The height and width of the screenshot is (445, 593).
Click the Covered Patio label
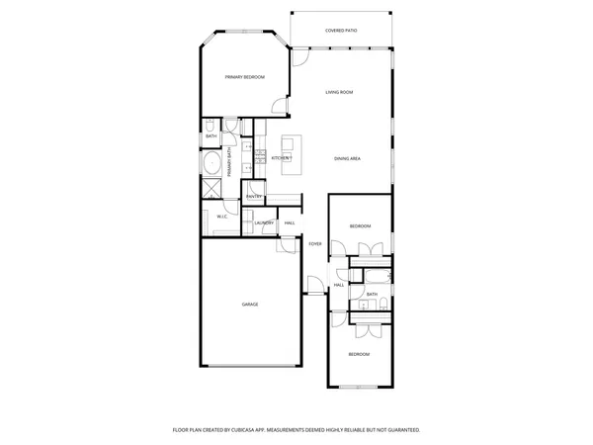point(341,31)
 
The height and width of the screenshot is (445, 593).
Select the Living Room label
point(340,92)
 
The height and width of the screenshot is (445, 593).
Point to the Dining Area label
point(346,159)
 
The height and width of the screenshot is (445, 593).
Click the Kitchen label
point(281,158)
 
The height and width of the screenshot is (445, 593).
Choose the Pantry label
point(253,197)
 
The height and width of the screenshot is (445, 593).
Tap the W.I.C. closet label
point(222,217)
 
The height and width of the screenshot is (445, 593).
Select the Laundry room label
point(263,222)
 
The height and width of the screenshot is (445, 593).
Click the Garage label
point(250,305)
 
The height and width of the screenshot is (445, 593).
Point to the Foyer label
point(315,243)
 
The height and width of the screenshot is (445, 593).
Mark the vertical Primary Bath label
point(229,161)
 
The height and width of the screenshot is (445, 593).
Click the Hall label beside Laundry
point(290,222)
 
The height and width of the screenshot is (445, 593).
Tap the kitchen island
point(293,156)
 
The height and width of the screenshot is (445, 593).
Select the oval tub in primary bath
point(212,162)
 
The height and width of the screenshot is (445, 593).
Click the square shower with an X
point(212,189)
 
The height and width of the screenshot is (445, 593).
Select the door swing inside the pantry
point(255,188)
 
